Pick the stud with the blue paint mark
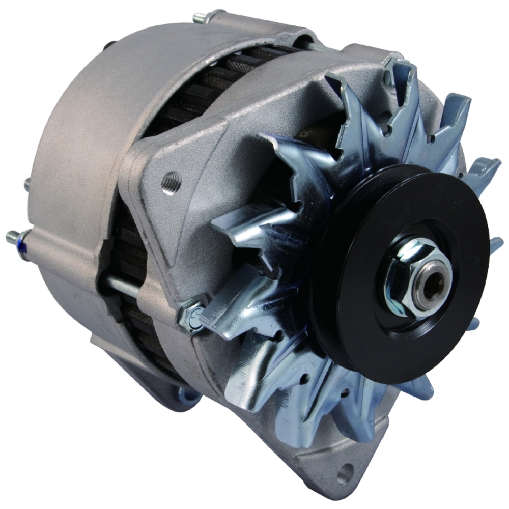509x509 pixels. click(18, 237)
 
